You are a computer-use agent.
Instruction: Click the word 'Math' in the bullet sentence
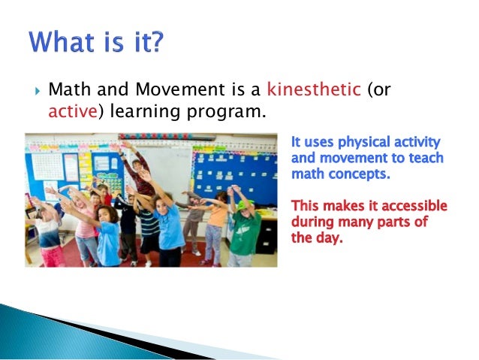pos(65,92)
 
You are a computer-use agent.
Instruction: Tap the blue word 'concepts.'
pos(351,174)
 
